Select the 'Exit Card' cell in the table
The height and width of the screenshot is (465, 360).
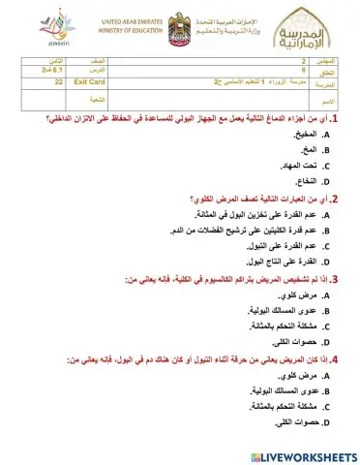[x=89, y=83]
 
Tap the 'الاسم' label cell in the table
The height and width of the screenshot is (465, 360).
[x=325, y=99]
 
